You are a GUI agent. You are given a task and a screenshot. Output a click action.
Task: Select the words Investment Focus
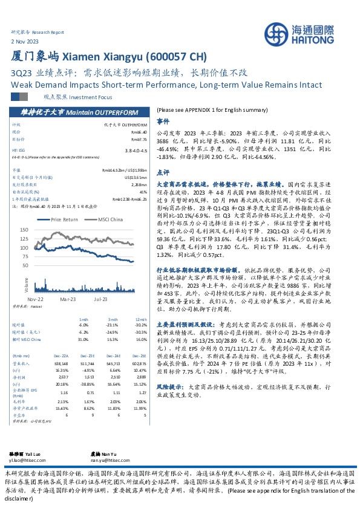(93, 97)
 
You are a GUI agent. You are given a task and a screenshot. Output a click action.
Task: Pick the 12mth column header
(141, 320)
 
